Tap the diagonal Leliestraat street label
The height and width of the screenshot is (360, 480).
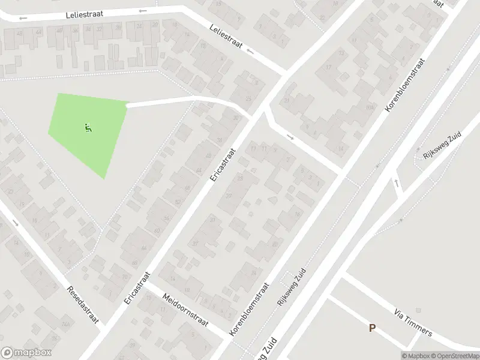[225, 37]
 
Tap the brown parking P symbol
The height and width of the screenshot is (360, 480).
[373, 328]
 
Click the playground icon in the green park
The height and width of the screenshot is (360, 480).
[88, 127]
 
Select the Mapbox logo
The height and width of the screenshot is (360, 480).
[26, 353]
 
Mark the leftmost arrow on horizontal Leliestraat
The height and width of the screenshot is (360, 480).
[23, 19]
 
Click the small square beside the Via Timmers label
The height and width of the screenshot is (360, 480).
[418, 310]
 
